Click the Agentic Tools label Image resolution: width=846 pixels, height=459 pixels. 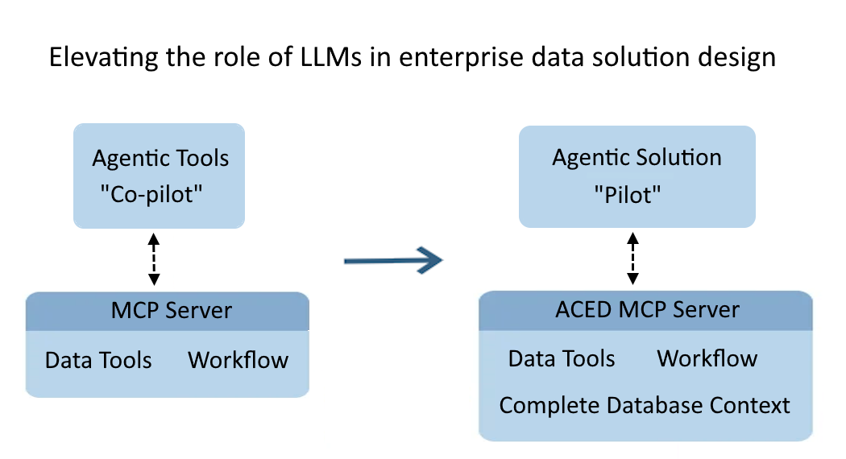pyautogui.click(x=160, y=158)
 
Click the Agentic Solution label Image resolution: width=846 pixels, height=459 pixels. pyautogui.click(x=637, y=157)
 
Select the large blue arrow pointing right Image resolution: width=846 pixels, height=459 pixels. pyautogui.click(x=393, y=259)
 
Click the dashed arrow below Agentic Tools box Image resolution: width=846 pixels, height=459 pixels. pyautogui.click(x=154, y=260)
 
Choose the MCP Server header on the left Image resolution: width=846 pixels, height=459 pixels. pyautogui.click(x=171, y=311)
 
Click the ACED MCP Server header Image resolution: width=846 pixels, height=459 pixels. pyautogui.click(x=647, y=310)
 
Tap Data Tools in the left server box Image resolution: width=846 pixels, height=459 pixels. pyautogui.click(x=98, y=360)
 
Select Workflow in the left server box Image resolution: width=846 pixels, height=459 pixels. pyautogui.click(x=238, y=360)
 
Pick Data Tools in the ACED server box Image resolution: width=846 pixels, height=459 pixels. pyautogui.click(x=562, y=358)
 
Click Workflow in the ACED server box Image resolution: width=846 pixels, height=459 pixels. pyautogui.click(x=707, y=358)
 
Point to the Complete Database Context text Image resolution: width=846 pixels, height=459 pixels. pyautogui.click(x=645, y=405)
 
